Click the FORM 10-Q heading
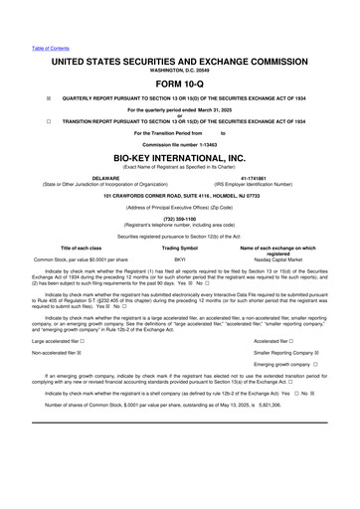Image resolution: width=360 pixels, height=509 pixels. [x=179, y=83]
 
